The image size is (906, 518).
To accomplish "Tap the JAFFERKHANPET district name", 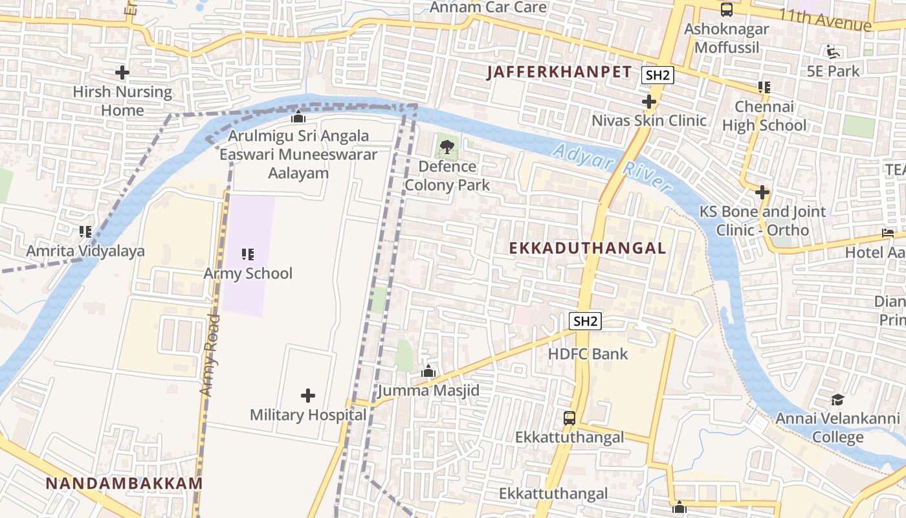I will tap(558, 72).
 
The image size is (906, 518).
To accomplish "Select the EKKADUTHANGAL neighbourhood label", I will tap(587, 248).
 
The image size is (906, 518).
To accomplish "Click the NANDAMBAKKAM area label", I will tap(124, 483).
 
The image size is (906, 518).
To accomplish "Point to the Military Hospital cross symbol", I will tap(308, 395).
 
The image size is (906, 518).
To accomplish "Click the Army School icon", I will tap(248, 254).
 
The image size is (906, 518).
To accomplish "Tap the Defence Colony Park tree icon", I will tap(447, 147).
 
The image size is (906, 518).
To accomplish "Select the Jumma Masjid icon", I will tap(428, 372).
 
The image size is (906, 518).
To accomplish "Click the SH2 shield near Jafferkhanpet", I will tap(657, 75).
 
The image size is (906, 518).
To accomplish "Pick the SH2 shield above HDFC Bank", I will tap(586, 321).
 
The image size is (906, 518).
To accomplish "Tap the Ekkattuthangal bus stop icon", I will tap(569, 418).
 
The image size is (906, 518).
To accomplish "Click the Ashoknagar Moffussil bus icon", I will tap(727, 10).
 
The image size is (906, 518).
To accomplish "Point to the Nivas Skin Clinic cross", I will tap(649, 102).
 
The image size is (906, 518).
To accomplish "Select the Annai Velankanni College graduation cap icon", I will tap(837, 400).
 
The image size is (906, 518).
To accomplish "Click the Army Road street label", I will tap(210, 356).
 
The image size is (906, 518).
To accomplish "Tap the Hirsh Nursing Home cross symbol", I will tap(122, 73).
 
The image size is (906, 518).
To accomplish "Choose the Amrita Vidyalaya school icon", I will tap(85, 231).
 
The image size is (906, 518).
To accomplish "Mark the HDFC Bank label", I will tap(588, 354).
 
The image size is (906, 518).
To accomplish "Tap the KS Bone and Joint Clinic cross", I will tap(762, 192).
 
